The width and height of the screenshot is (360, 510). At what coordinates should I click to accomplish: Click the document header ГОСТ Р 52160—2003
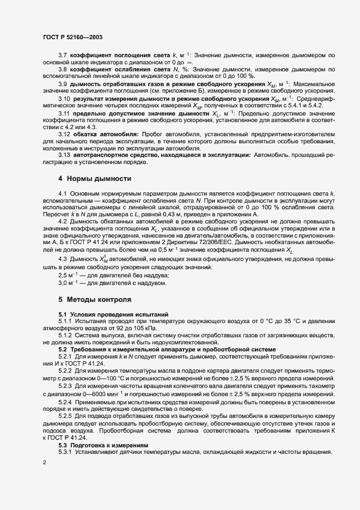72,37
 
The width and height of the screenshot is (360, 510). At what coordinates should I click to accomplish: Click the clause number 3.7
63,56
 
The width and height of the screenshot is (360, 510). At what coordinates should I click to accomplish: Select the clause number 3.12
64,133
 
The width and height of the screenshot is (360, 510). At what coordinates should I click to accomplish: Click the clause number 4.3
62,258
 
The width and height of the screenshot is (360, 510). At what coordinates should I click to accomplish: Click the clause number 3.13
64,155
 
